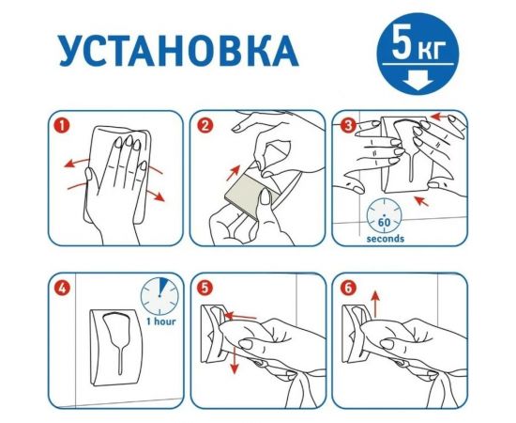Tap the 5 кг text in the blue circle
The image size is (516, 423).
click(416, 44)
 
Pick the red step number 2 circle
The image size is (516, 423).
click(206, 123)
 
